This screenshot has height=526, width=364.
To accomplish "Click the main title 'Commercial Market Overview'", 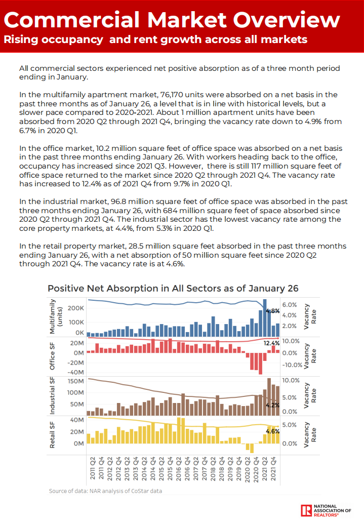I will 172,20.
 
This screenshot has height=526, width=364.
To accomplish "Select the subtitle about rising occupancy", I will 155,39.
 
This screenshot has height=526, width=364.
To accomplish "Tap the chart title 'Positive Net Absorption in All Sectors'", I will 173,288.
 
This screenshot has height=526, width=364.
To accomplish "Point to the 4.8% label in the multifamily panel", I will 272,311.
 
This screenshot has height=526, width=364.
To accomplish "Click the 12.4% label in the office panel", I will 271,343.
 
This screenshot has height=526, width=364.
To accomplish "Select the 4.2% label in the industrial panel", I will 272,405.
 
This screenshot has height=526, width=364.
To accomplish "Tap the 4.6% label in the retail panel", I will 272,431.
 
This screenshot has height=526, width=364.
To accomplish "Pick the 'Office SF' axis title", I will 52,355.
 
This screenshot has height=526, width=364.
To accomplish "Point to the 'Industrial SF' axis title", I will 52,395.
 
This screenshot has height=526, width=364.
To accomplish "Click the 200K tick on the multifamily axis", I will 76,308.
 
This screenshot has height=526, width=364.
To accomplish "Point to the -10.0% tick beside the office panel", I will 292,365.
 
